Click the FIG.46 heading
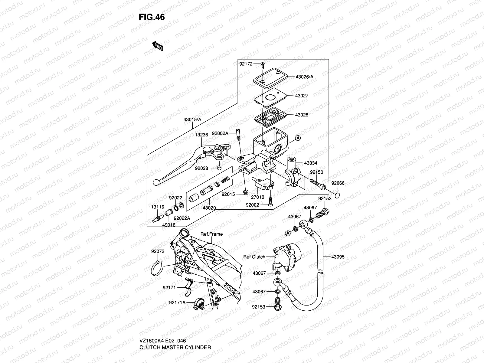pyautogui.click(x=152, y=17)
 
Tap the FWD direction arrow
pyautogui.click(x=158, y=46)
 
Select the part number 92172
pyautogui.click(x=246, y=64)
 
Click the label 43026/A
pyautogui.click(x=304, y=77)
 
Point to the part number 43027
pyautogui.click(x=302, y=96)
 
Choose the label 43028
pyautogui.click(x=302, y=115)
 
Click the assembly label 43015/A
pyautogui.click(x=192, y=119)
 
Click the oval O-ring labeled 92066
pyautogui.click(x=338, y=193)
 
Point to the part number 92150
pyautogui.click(x=316, y=172)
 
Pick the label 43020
pyautogui.click(x=209, y=208)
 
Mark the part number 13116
pyautogui.click(x=158, y=207)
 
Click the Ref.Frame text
pyautogui.click(x=211, y=234)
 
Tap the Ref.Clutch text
pyautogui.click(x=254, y=257)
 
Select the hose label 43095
pyautogui.click(x=338, y=257)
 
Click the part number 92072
pyautogui.click(x=158, y=251)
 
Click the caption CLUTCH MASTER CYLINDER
pyautogui.click(x=175, y=347)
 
